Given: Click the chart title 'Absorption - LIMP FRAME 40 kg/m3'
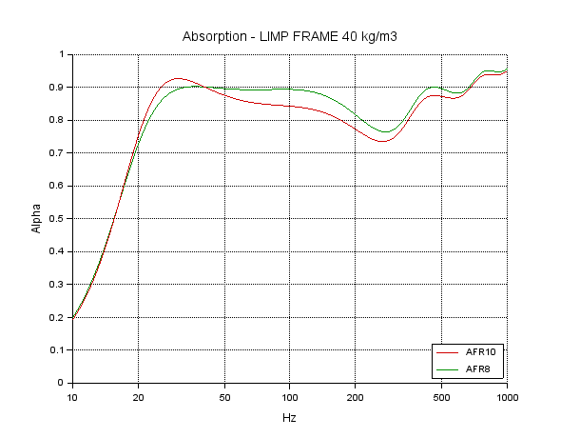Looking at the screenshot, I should [289, 37].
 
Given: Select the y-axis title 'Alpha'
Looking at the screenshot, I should [35, 218].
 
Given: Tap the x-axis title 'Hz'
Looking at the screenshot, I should [289, 418].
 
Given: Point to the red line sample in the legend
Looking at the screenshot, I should [447, 352].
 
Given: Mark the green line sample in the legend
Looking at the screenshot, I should [447, 368].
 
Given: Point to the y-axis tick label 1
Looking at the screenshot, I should [63, 54].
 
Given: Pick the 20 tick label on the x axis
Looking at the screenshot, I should [138, 395].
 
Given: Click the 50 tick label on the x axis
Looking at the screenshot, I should [224, 395].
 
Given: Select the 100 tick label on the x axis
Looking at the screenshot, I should [290, 395].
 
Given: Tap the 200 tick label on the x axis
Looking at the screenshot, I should [356, 395].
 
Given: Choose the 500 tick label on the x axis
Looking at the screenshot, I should [442, 395].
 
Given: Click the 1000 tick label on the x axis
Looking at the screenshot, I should [507, 395].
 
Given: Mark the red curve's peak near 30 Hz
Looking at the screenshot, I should [177, 78].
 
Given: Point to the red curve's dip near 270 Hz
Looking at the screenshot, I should [383, 141].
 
